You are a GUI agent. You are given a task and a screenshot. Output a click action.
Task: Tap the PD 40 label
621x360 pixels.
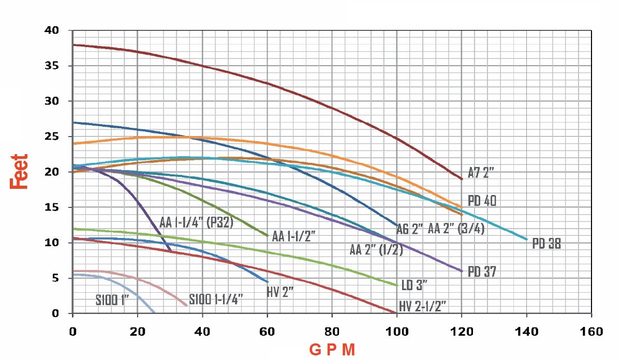(x=482, y=201)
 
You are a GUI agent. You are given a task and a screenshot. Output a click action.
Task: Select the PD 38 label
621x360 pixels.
(x=546, y=243)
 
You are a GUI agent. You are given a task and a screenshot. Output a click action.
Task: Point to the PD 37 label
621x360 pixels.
(x=482, y=272)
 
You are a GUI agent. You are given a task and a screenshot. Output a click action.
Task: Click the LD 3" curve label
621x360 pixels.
(x=415, y=285)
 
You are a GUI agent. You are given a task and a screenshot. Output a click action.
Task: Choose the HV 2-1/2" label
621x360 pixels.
(x=423, y=306)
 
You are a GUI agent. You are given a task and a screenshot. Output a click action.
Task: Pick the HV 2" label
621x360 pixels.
(x=280, y=292)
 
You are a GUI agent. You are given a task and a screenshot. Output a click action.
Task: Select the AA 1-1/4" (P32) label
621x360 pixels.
(x=197, y=223)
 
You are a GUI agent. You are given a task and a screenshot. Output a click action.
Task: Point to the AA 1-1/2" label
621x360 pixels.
(x=294, y=237)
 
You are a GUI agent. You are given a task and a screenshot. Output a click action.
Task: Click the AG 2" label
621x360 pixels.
(x=410, y=229)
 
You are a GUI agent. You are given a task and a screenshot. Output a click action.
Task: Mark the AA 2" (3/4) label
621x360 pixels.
(x=456, y=229)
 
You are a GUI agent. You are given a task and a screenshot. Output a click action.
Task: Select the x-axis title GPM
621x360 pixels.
(x=332, y=350)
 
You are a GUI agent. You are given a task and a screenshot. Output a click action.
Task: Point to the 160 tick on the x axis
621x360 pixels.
(x=591, y=331)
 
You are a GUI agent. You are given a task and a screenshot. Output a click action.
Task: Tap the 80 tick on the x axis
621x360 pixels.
(x=332, y=331)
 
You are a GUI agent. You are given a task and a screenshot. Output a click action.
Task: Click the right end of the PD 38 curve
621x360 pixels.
(x=526, y=239)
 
